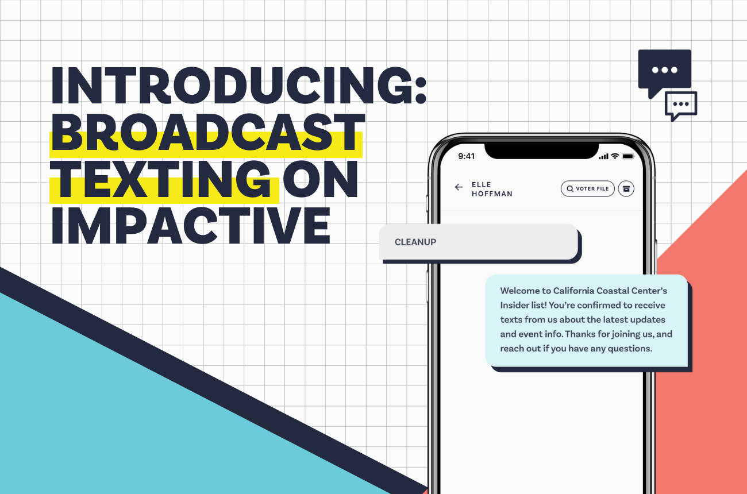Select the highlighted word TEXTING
[161, 181]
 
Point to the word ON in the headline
[322, 181]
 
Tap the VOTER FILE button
[588, 188]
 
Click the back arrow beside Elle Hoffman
[459, 187]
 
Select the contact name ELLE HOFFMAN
[491, 189]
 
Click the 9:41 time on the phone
[467, 156]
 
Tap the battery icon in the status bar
[627, 156]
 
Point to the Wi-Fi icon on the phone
[614, 156]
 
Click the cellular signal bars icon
[603, 156]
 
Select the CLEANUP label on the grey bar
[415, 242]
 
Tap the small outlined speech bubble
[681, 105]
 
